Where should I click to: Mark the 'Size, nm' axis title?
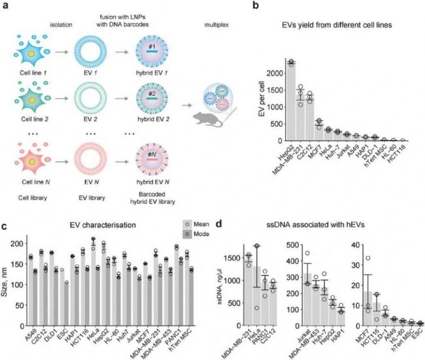click(9, 267)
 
